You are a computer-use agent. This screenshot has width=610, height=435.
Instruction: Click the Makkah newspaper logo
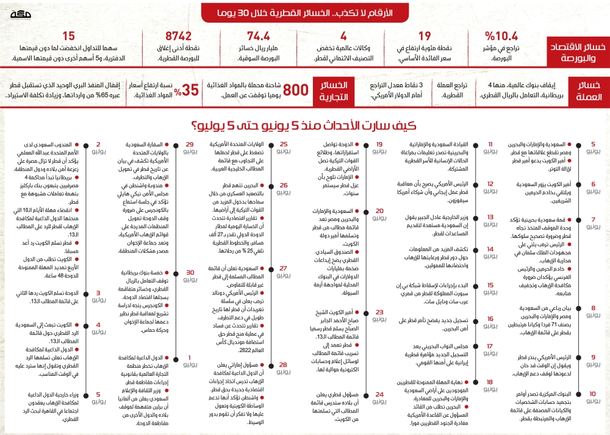point(23,12)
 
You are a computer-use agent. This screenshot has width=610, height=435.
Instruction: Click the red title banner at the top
point(306,12)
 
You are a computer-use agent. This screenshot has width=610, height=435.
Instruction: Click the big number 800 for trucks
point(295,90)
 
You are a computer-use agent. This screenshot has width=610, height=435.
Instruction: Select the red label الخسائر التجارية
point(334,90)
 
